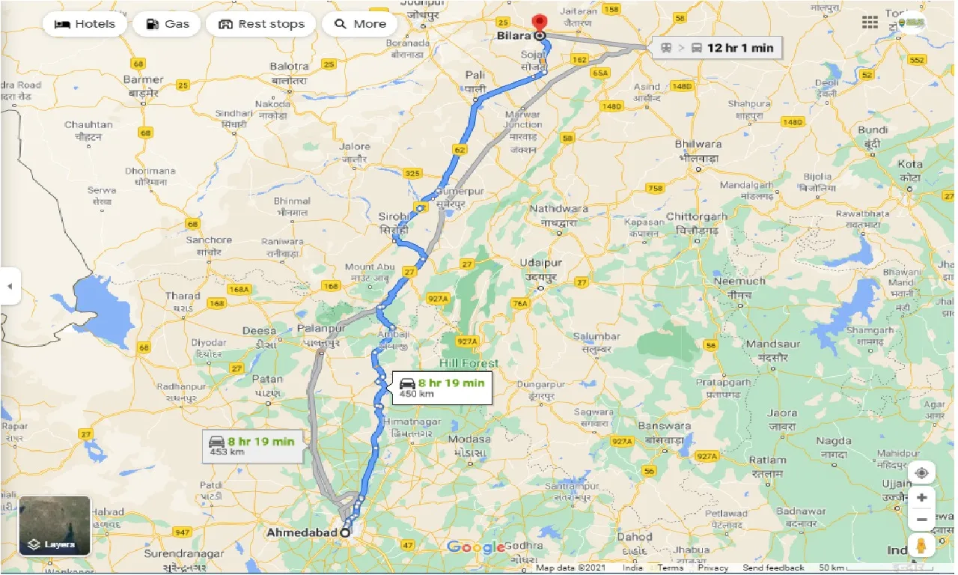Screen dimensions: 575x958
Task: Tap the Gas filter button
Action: pyautogui.click(x=167, y=24)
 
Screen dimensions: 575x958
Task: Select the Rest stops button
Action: pyautogui.click(x=261, y=24)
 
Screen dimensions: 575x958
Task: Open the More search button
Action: pyautogui.click(x=360, y=24)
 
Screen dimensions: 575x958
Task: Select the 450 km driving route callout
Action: pyautogui.click(x=442, y=387)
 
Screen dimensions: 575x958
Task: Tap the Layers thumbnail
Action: pyautogui.click(x=55, y=526)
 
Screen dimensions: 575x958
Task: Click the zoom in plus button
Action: pyautogui.click(x=921, y=498)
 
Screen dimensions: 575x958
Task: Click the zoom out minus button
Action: pyautogui.click(x=921, y=520)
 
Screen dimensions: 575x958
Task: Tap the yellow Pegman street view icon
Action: pyautogui.click(x=921, y=547)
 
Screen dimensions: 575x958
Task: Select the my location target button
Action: pyautogui.click(x=921, y=473)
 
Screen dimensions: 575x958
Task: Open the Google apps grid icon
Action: pyautogui.click(x=870, y=23)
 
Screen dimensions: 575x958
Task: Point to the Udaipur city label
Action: pyautogui.click(x=543, y=264)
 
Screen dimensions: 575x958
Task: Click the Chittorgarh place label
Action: pyautogui.click(x=697, y=217)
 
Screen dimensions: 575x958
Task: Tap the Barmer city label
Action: pyautogui.click(x=143, y=80)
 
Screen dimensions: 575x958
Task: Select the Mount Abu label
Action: pyautogui.click(x=370, y=267)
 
